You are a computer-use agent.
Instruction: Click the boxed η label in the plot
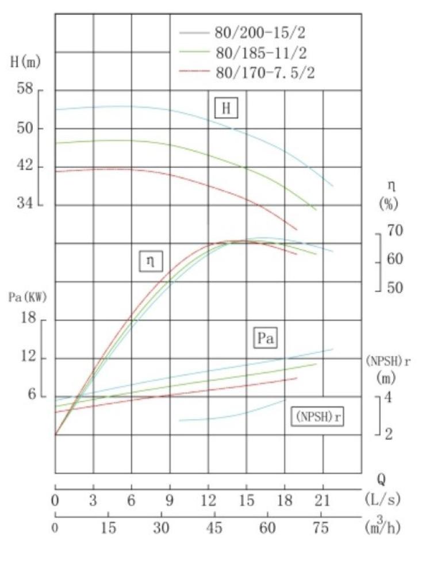[x=151, y=262]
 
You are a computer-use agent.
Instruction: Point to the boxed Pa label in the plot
[x=265, y=338]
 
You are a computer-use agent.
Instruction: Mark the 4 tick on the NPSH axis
[x=389, y=397]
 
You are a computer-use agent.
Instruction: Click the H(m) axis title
[x=26, y=62]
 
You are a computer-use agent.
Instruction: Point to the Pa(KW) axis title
[x=27, y=297]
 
